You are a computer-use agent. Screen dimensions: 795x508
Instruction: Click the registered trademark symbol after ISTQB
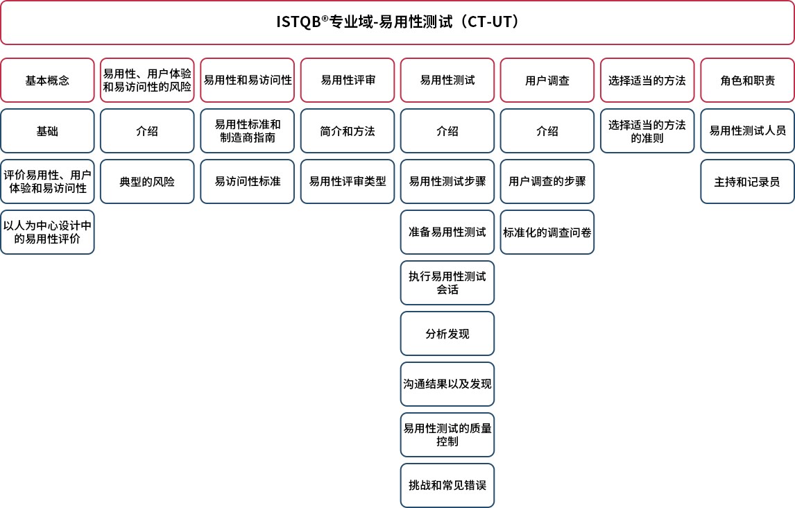[x=325, y=18]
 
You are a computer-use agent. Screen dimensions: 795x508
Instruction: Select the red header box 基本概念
[x=48, y=80]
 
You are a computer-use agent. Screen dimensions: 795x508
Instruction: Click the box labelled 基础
[x=48, y=130]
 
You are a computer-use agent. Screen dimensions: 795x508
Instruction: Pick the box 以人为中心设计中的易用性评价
[x=48, y=232]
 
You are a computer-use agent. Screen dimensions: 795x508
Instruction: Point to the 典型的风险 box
[x=147, y=182]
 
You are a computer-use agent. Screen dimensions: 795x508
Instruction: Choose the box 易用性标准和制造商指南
[x=248, y=130]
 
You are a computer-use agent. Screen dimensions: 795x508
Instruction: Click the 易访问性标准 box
[x=248, y=182]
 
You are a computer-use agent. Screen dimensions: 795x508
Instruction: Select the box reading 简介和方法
[x=348, y=130]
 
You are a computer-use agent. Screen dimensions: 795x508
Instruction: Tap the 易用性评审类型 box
[x=348, y=182]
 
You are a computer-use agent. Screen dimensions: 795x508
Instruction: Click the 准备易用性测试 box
[x=447, y=232]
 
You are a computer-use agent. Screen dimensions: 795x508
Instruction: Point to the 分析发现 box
[x=447, y=334]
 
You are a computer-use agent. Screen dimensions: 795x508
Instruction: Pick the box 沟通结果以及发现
[x=447, y=384]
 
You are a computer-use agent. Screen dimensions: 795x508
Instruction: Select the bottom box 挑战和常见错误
[x=447, y=485]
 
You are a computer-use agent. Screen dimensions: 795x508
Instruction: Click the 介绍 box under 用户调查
[x=547, y=130]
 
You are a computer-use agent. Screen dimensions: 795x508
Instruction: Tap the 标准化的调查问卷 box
[x=547, y=232]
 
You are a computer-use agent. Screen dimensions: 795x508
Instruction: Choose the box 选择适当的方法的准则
[x=647, y=130]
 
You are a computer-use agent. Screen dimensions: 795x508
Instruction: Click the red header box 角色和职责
[x=747, y=80]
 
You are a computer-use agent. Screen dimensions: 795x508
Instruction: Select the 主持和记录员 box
[x=747, y=182]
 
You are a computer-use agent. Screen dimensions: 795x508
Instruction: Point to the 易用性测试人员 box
[x=747, y=130]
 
